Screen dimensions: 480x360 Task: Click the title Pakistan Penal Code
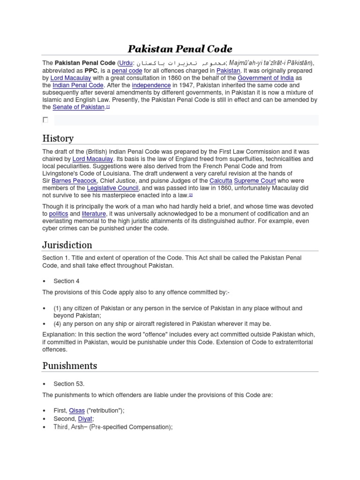tap(180, 49)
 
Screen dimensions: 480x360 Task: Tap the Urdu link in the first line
tap(125, 63)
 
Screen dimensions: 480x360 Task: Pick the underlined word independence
tap(151, 85)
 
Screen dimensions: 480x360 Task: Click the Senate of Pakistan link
tap(78, 107)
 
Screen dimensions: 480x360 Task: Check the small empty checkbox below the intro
tap(45, 120)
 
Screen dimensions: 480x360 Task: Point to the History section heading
tap(58, 138)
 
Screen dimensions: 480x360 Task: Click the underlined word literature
tap(94, 214)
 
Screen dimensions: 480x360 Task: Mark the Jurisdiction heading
tap(67, 245)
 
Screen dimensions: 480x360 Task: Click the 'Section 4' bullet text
tap(64, 281)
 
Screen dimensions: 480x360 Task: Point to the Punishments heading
tap(70, 366)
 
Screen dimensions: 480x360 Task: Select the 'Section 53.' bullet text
tap(69, 383)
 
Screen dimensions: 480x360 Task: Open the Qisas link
tap(77, 410)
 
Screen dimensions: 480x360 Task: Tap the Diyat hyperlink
tap(85, 419)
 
